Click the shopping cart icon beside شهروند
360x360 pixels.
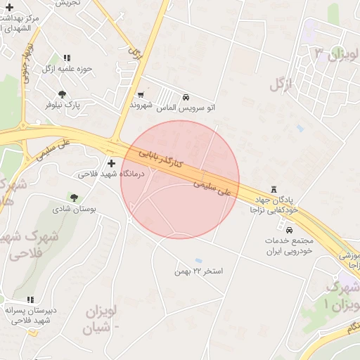(141, 94)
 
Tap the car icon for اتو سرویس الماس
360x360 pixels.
(186, 97)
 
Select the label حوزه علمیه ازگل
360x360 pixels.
(67, 68)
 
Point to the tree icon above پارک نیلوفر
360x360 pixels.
(63, 94)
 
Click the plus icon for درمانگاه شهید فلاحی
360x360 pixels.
(111, 162)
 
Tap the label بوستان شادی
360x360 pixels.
(74, 209)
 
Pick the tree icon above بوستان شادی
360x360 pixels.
(75, 197)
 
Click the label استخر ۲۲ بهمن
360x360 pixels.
(198, 271)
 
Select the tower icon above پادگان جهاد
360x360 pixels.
(274, 189)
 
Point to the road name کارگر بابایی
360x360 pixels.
(160, 157)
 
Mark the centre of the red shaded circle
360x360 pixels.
(180, 179)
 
